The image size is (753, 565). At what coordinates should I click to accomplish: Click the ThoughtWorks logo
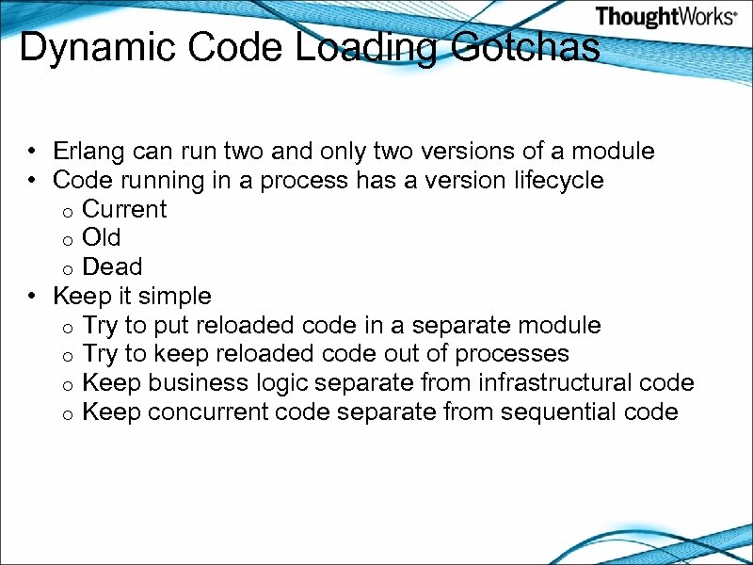(665, 16)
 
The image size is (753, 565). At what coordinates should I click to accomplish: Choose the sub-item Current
(124, 209)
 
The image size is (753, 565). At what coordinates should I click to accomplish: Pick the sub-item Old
(102, 237)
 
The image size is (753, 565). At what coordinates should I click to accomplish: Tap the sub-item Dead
(112, 266)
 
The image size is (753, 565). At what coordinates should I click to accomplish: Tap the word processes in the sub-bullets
(512, 354)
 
